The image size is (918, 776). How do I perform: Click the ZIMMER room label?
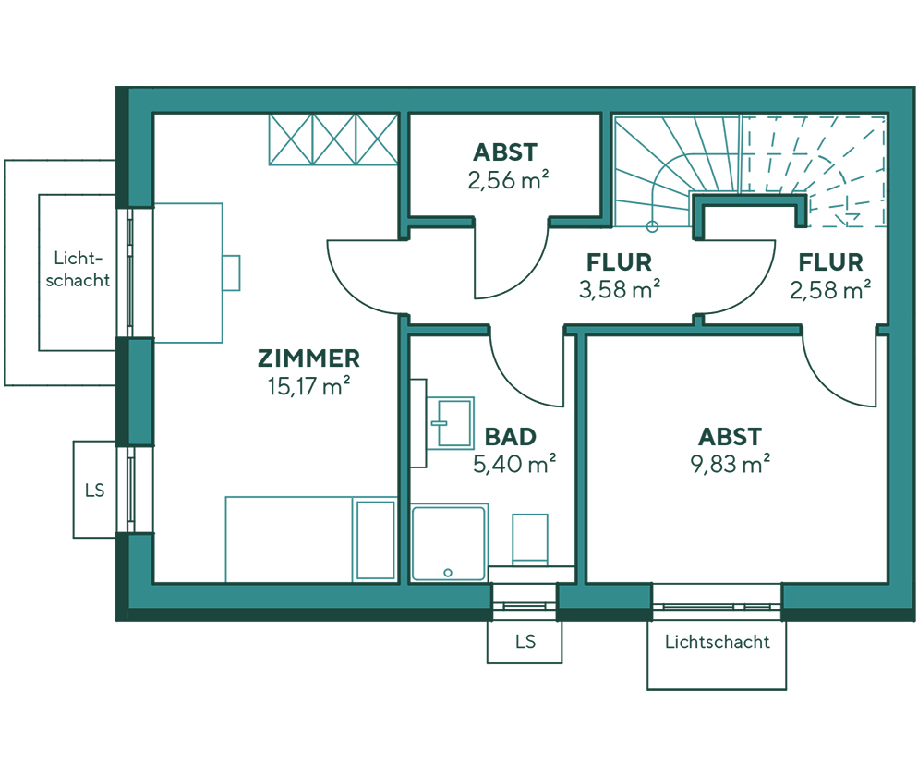tap(308, 358)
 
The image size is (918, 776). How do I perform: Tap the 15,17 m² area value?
tap(308, 386)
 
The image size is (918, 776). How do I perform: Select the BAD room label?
tap(511, 436)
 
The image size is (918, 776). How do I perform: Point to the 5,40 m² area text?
tap(513, 464)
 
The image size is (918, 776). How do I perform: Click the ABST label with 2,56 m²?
tap(504, 152)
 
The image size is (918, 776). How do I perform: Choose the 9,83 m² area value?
tap(730, 464)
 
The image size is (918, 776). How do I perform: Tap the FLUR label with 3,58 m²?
tap(619, 262)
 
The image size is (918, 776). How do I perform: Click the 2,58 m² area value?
tap(830, 290)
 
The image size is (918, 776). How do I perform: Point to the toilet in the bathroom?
tap(530, 540)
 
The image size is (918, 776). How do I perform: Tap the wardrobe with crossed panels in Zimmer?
tap(332, 139)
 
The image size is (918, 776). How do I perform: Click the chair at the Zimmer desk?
tap(231, 273)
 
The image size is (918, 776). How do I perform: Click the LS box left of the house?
tap(94, 490)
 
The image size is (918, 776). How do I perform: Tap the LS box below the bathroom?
tap(524, 640)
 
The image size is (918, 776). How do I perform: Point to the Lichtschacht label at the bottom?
tap(717, 641)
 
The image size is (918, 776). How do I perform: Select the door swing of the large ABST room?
tap(838, 374)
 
